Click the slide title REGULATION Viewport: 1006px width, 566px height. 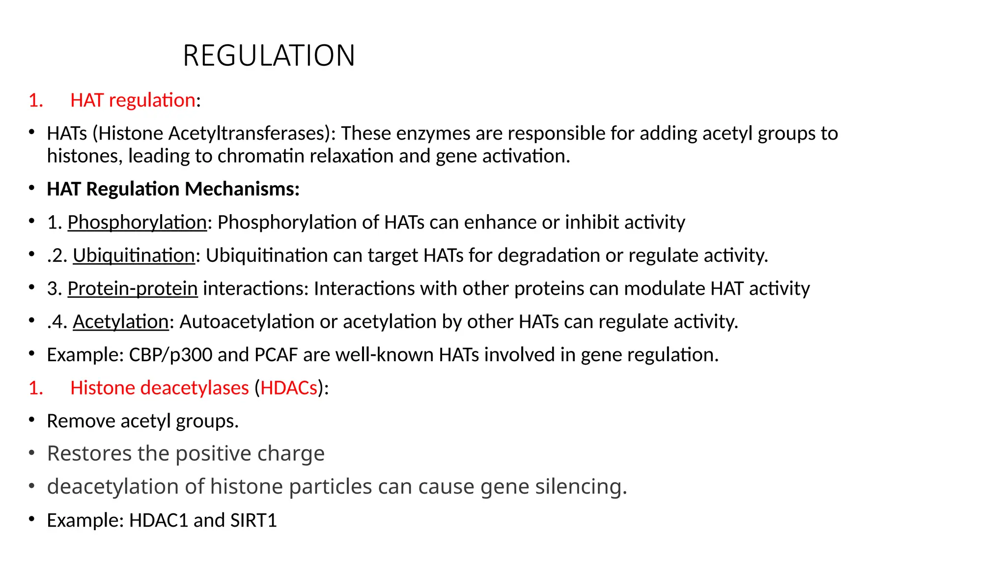coord(269,56)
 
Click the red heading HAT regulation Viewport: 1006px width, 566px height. coord(133,100)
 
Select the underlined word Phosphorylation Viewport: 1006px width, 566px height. coord(137,223)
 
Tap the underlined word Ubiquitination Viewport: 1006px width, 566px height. coord(134,255)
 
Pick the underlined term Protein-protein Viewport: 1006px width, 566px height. coord(133,288)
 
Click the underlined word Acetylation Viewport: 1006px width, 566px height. coord(121,322)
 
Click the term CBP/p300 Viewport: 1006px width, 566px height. coord(170,355)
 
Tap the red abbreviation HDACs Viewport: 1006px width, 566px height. coord(289,388)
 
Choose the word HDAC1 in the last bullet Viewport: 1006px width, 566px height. coord(159,520)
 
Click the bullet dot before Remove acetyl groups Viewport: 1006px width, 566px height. coord(32,420)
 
